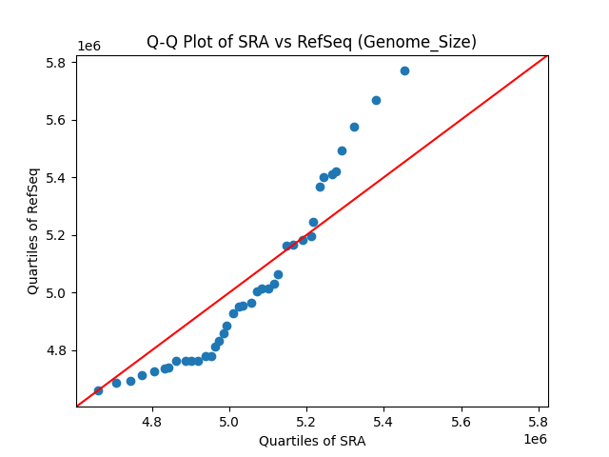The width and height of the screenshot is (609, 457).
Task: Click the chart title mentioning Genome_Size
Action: [311, 42]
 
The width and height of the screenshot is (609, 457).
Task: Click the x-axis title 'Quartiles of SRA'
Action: [311, 441]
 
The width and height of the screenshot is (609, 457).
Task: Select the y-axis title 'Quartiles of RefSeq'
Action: [33, 230]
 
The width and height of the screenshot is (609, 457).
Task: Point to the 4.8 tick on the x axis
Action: [152, 422]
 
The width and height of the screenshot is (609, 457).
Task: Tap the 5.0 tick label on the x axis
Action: [229, 422]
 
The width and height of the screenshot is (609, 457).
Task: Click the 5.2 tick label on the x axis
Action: [306, 422]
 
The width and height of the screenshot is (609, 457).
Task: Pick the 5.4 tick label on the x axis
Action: [383, 422]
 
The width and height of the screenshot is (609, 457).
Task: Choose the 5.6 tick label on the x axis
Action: [462, 422]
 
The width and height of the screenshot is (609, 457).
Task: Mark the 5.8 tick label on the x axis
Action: [539, 422]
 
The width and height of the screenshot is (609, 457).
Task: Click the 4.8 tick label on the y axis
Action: [57, 350]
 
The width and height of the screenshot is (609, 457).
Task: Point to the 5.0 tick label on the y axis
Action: [57, 293]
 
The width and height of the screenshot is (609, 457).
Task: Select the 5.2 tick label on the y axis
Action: [57, 235]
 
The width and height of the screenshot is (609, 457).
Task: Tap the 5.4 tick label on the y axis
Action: [57, 178]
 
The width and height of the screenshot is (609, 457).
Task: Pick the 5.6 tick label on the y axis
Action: [57, 121]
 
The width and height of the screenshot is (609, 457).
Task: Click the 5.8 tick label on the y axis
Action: [57, 63]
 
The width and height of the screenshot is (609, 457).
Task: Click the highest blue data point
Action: [404, 70]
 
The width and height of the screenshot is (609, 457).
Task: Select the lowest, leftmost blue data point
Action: [98, 390]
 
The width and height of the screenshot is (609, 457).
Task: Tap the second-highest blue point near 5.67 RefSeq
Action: [376, 100]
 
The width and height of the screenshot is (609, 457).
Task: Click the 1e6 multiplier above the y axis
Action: [88, 47]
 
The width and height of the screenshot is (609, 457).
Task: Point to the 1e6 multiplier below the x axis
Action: [535, 439]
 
